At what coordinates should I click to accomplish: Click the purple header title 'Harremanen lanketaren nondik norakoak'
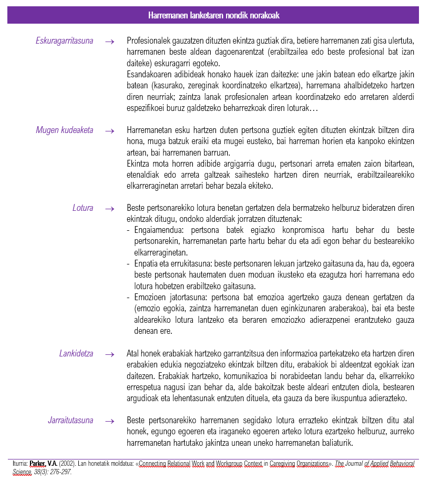click(x=214, y=16)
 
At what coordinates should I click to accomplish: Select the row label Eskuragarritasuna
click(x=64, y=40)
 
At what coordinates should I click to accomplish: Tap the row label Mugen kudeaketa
click(x=64, y=130)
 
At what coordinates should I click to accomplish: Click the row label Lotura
click(x=83, y=208)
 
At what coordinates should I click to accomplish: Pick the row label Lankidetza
click(x=76, y=354)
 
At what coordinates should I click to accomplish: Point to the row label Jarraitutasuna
click(x=70, y=421)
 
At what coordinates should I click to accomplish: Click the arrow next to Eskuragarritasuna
click(x=109, y=41)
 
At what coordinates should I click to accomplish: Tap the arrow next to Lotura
click(x=109, y=209)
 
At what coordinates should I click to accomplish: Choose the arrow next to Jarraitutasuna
click(x=109, y=421)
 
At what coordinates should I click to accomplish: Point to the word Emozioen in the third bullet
click(x=149, y=298)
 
